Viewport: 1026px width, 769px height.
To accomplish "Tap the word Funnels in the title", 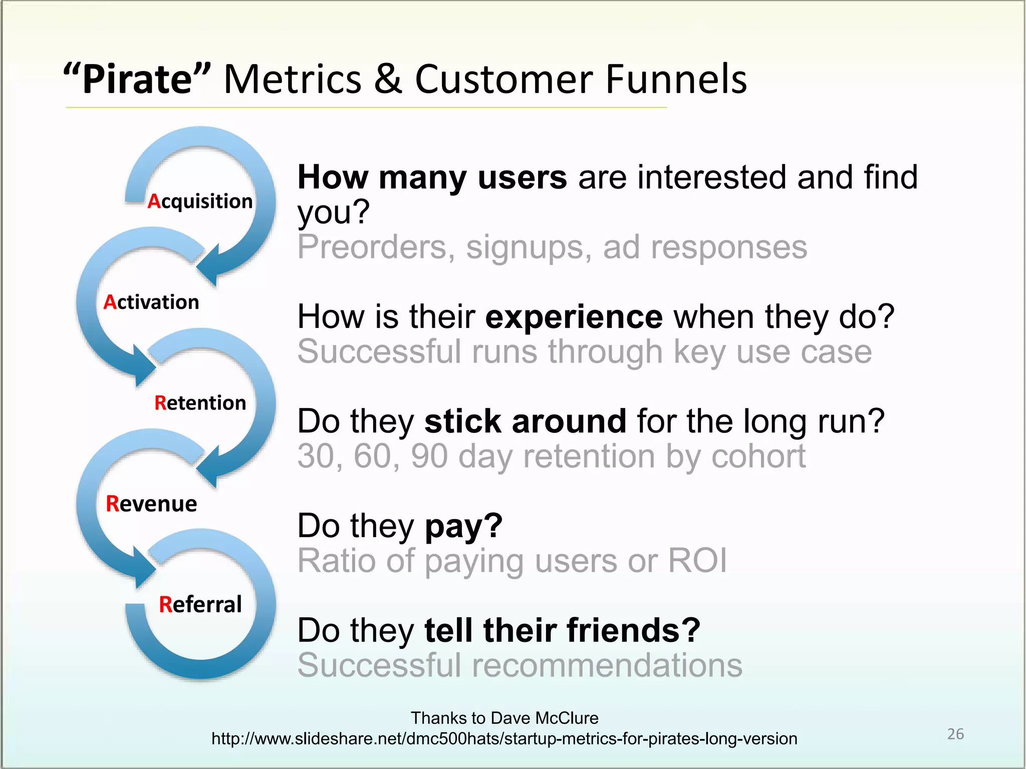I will [676, 79].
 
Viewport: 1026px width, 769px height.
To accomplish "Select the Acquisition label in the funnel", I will [200, 201].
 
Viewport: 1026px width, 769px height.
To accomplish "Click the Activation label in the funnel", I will [151, 302].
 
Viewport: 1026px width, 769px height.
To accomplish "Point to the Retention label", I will [200, 403].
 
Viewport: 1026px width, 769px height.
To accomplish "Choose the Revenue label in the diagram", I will [151, 504].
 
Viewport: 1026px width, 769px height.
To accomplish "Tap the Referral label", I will [200, 604].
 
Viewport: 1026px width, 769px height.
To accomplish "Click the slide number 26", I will [955, 734].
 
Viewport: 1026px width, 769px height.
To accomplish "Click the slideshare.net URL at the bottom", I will [504, 738].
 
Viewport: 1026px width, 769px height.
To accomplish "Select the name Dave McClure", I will [544, 717].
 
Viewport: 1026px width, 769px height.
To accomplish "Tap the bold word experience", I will [574, 317].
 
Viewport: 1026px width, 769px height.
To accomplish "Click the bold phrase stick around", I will [525, 421].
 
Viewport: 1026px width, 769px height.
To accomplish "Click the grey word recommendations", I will [607, 665].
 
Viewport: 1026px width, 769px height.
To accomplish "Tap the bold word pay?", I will [463, 526].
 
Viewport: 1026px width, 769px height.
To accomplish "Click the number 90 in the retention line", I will [429, 456].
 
